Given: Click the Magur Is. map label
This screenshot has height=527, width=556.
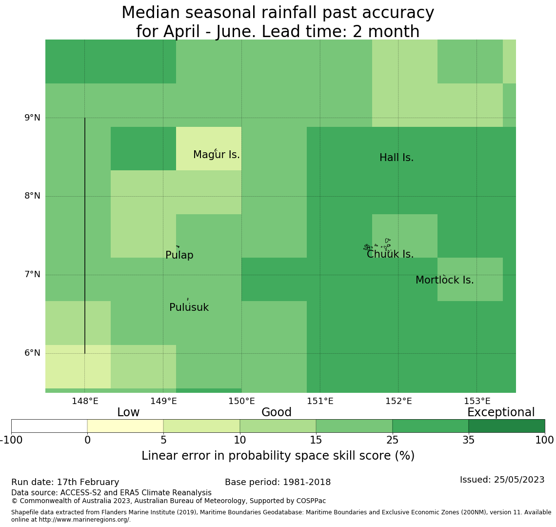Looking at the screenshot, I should (216, 155).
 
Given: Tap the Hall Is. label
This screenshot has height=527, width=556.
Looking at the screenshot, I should (396, 158).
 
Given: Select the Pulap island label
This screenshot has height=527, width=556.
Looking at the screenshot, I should (179, 255).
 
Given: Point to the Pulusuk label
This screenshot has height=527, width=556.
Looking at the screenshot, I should (189, 307).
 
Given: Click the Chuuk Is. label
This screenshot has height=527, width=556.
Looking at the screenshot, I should (390, 254).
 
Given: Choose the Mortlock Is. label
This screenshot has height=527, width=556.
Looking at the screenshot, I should (444, 280).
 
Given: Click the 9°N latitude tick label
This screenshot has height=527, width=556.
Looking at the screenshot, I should (33, 118).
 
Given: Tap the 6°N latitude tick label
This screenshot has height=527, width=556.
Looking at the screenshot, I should (33, 353).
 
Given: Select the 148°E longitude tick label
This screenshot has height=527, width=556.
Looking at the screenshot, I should (85, 401).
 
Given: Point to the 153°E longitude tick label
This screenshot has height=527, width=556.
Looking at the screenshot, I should (477, 401).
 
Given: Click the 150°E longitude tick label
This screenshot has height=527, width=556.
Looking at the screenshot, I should (241, 401).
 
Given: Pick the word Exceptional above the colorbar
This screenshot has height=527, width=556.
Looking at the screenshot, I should (500, 412).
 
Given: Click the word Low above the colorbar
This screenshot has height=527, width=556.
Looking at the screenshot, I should (128, 412).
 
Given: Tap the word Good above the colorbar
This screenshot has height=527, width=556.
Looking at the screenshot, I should (276, 412).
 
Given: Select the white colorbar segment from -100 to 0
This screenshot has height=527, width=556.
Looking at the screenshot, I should (49, 426).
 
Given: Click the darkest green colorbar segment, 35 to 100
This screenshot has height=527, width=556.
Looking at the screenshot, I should (506, 426).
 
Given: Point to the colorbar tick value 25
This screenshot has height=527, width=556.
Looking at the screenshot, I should (392, 440).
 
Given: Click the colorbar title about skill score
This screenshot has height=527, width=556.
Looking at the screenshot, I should (278, 456).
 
